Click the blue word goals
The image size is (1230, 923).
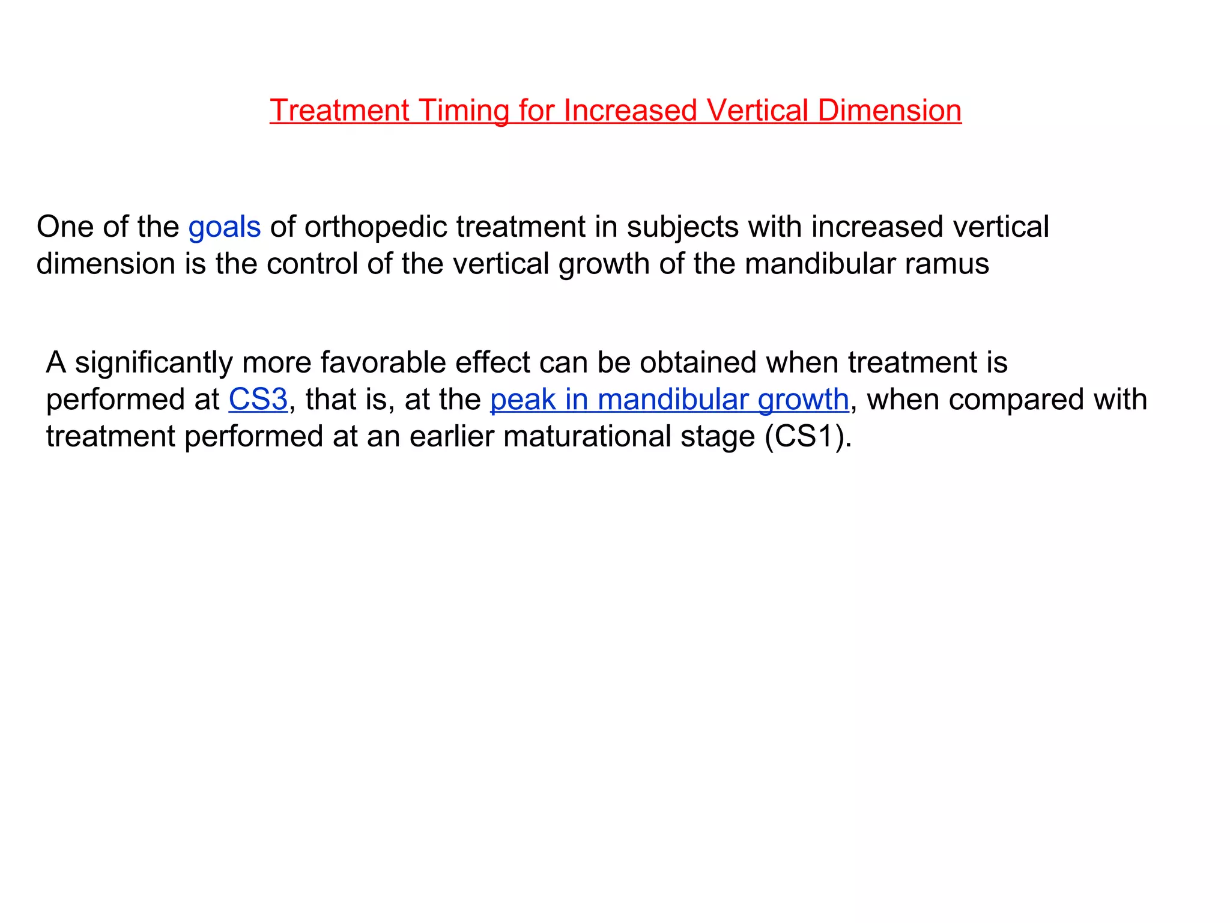tap(225, 227)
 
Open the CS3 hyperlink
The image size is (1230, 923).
tap(258, 400)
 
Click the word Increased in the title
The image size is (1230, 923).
tap(631, 111)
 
